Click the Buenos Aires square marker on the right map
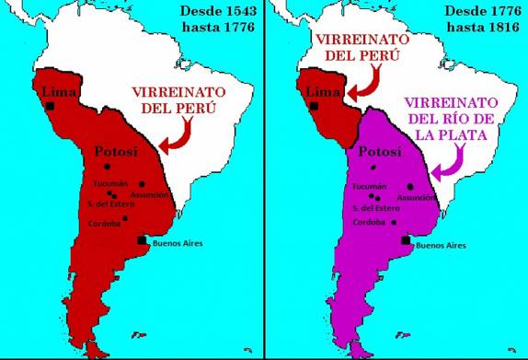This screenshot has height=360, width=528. [x=406, y=240]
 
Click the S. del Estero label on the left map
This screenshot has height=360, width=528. [x=108, y=203]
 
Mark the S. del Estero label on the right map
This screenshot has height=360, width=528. [x=373, y=206]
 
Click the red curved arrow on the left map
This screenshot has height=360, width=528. [x=174, y=137]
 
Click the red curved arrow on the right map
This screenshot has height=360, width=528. [x=370, y=81]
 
